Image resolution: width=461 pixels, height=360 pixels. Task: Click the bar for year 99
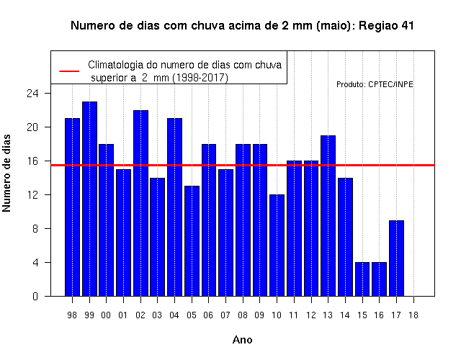coord(89,199)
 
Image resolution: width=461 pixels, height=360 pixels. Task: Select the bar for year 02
coord(141,203)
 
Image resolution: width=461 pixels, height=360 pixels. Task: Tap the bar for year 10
coord(277,246)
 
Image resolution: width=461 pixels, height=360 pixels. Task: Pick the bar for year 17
coord(396,258)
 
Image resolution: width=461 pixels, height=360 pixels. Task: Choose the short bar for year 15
coord(362,279)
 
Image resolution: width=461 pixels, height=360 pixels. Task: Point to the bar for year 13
coord(328,216)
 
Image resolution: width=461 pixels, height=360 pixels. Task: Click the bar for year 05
coord(192,241)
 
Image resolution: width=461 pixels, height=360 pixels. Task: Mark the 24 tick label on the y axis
coord(32,94)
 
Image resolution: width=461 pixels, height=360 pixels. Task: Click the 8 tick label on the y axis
coord(35,229)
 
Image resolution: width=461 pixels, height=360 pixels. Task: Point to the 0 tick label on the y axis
coord(35,296)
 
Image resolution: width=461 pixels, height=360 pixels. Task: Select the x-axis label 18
coord(413,315)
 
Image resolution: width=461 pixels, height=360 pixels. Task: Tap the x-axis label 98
coord(72,315)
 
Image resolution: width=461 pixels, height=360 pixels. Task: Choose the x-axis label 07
coord(225,315)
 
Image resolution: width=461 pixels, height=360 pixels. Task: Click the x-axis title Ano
coord(242,340)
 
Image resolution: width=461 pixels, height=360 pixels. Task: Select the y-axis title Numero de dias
coord(6,173)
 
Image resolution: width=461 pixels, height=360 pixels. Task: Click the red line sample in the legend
coord(69,71)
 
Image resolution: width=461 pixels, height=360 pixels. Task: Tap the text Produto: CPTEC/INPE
coord(375,85)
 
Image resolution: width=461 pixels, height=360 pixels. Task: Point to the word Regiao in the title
coord(378,26)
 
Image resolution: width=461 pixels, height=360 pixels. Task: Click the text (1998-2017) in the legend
coord(200,78)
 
